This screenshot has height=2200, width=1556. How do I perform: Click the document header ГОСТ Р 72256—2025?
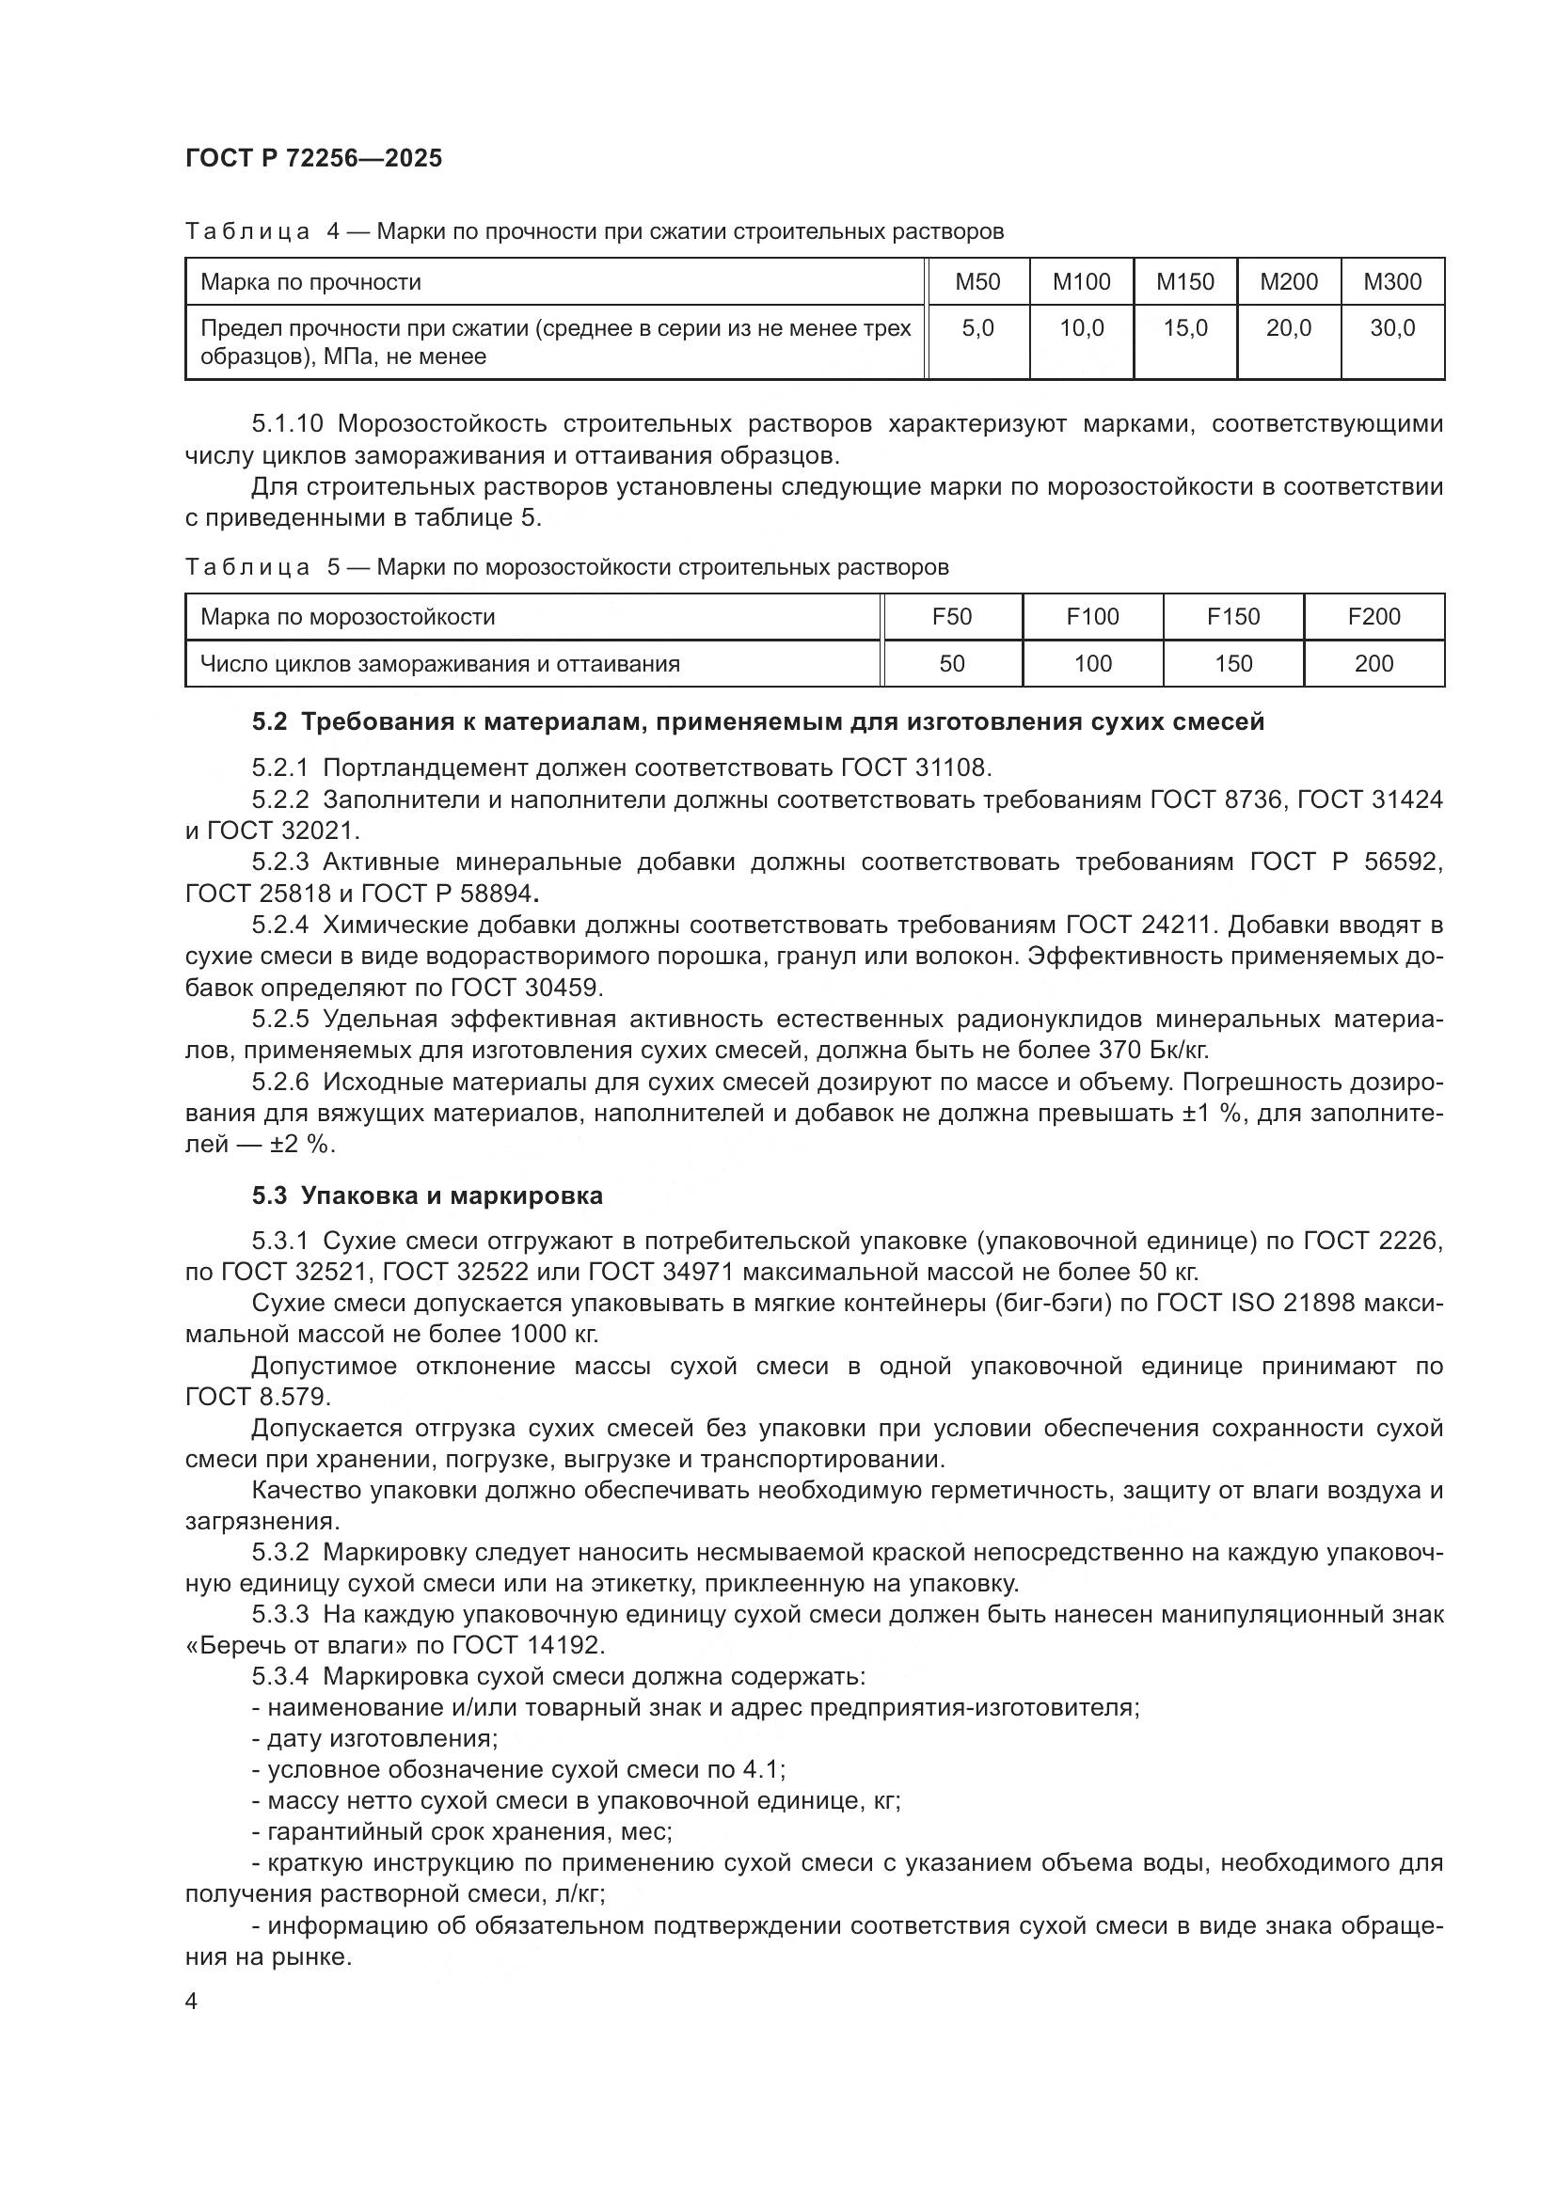(313, 158)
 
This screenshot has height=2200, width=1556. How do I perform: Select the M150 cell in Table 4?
(1184, 282)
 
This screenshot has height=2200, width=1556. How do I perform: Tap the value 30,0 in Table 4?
(1391, 328)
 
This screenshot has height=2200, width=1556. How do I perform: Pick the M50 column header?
(977, 282)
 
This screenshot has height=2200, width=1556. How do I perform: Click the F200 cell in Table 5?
(1373, 616)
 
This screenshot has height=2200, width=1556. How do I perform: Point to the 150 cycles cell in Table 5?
(1233, 663)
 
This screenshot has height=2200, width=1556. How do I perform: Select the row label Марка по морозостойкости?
(348, 616)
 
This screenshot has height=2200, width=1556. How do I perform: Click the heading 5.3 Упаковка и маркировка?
(427, 1195)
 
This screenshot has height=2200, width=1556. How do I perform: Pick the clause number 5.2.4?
(279, 925)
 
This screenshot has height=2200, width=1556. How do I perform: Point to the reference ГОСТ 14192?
(528, 1645)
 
